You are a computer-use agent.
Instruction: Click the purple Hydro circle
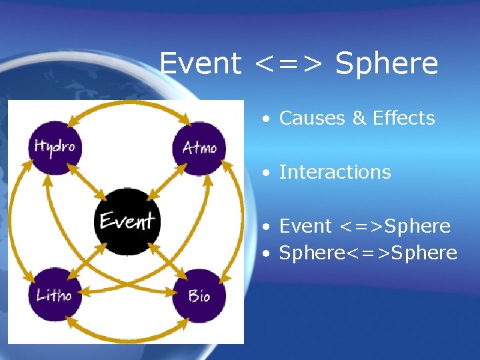click(x=55, y=147)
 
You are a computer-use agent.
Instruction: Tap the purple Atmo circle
click(x=199, y=147)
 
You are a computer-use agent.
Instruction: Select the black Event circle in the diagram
click(x=127, y=221)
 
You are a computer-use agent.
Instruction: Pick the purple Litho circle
click(x=55, y=295)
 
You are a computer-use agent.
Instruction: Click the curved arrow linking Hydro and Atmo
click(x=127, y=105)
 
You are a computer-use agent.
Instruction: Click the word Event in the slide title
click(x=201, y=64)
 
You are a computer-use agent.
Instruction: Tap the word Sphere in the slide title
click(x=387, y=64)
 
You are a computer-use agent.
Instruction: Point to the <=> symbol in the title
click(x=289, y=65)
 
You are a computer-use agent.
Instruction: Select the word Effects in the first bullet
click(x=404, y=118)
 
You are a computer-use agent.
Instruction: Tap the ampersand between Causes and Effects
click(x=359, y=118)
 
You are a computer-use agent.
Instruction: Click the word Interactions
click(x=335, y=172)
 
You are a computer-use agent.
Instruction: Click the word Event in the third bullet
click(x=305, y=226)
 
